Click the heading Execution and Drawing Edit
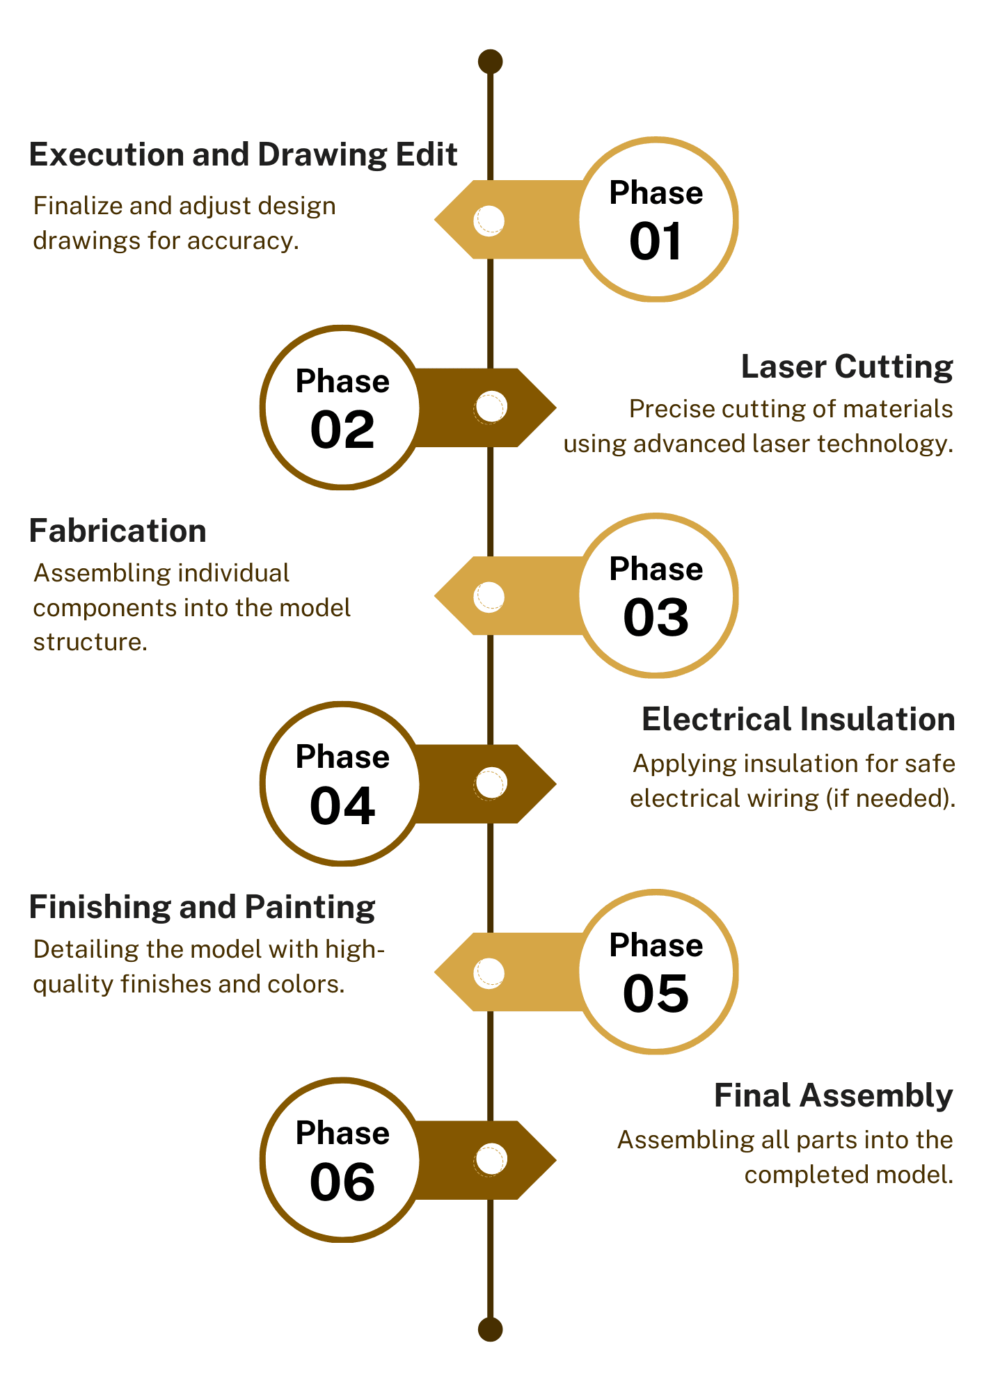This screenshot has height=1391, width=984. point(243,154)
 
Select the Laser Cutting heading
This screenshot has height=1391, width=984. point(846,367)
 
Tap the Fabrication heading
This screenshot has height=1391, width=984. point(118,531)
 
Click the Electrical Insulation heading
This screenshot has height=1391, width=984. point(798,719)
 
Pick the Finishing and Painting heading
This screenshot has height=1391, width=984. point(202,908)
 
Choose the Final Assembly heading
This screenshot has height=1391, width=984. point(833,1095)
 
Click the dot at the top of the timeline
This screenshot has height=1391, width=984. point(491,62)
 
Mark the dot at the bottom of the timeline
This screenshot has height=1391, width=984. point(491,1329)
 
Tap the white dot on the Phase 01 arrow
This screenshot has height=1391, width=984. point(489,220)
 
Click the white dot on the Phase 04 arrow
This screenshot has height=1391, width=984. point(491,784)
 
